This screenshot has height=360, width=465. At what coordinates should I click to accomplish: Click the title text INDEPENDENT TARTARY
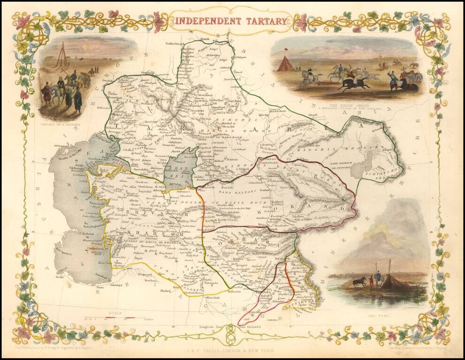click(x=230, y=21)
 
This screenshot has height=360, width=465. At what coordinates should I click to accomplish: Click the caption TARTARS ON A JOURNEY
click(x=61, y=125)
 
